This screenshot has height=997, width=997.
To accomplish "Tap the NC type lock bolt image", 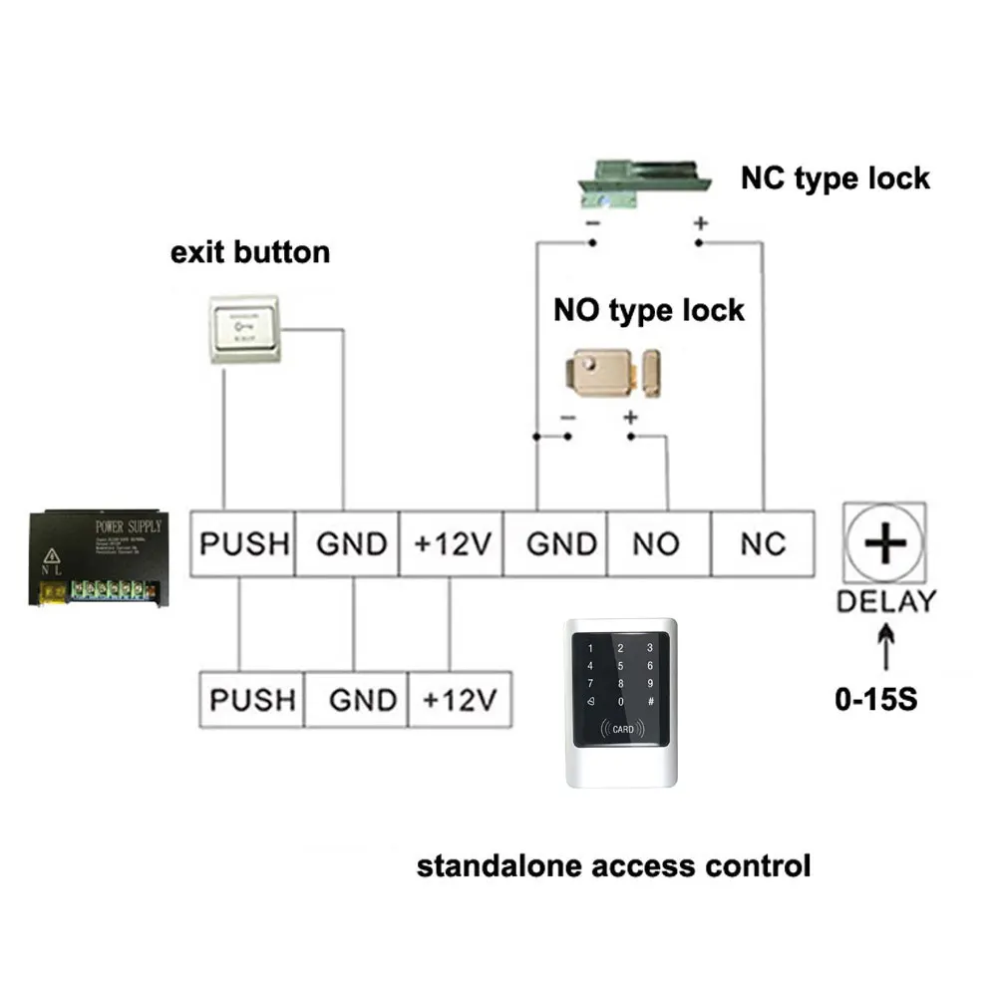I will point(646,186).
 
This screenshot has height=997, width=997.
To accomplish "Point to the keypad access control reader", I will point(620,702).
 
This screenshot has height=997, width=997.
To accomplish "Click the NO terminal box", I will point(656,543).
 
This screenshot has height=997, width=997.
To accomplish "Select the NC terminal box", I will point(763,543).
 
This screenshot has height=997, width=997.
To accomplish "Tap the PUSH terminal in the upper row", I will point(243,543).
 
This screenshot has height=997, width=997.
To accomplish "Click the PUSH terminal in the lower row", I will point(252,699).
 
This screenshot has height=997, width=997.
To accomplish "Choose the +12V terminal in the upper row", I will point(451,543).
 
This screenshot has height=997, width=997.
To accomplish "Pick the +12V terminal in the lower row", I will point(459,699).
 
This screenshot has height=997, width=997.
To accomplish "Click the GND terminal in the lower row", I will point(355,699).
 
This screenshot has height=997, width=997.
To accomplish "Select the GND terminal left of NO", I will point(554,543).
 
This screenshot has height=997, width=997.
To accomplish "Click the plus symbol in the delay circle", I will point(883,543).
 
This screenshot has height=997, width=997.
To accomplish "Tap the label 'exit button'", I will point(250,251).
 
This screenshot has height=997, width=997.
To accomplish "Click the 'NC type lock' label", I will point(834,178).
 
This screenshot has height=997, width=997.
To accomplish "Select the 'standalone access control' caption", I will point(613,865).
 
